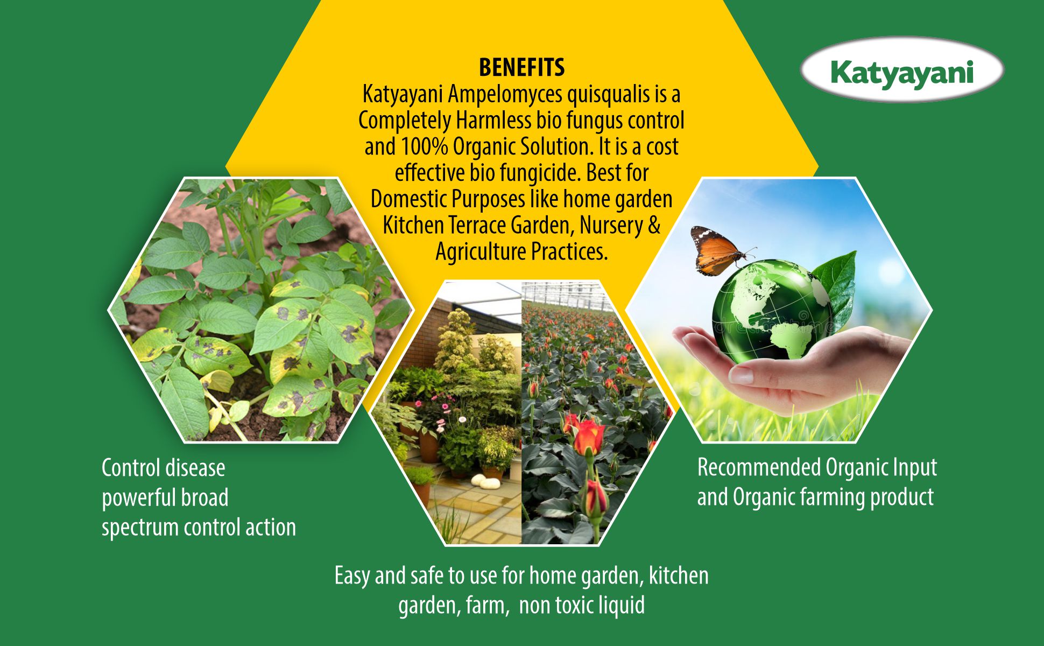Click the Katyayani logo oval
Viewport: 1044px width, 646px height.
click(902, 70)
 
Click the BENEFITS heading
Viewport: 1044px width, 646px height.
click(521, 68)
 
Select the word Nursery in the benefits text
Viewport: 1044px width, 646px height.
click(611, 226)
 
